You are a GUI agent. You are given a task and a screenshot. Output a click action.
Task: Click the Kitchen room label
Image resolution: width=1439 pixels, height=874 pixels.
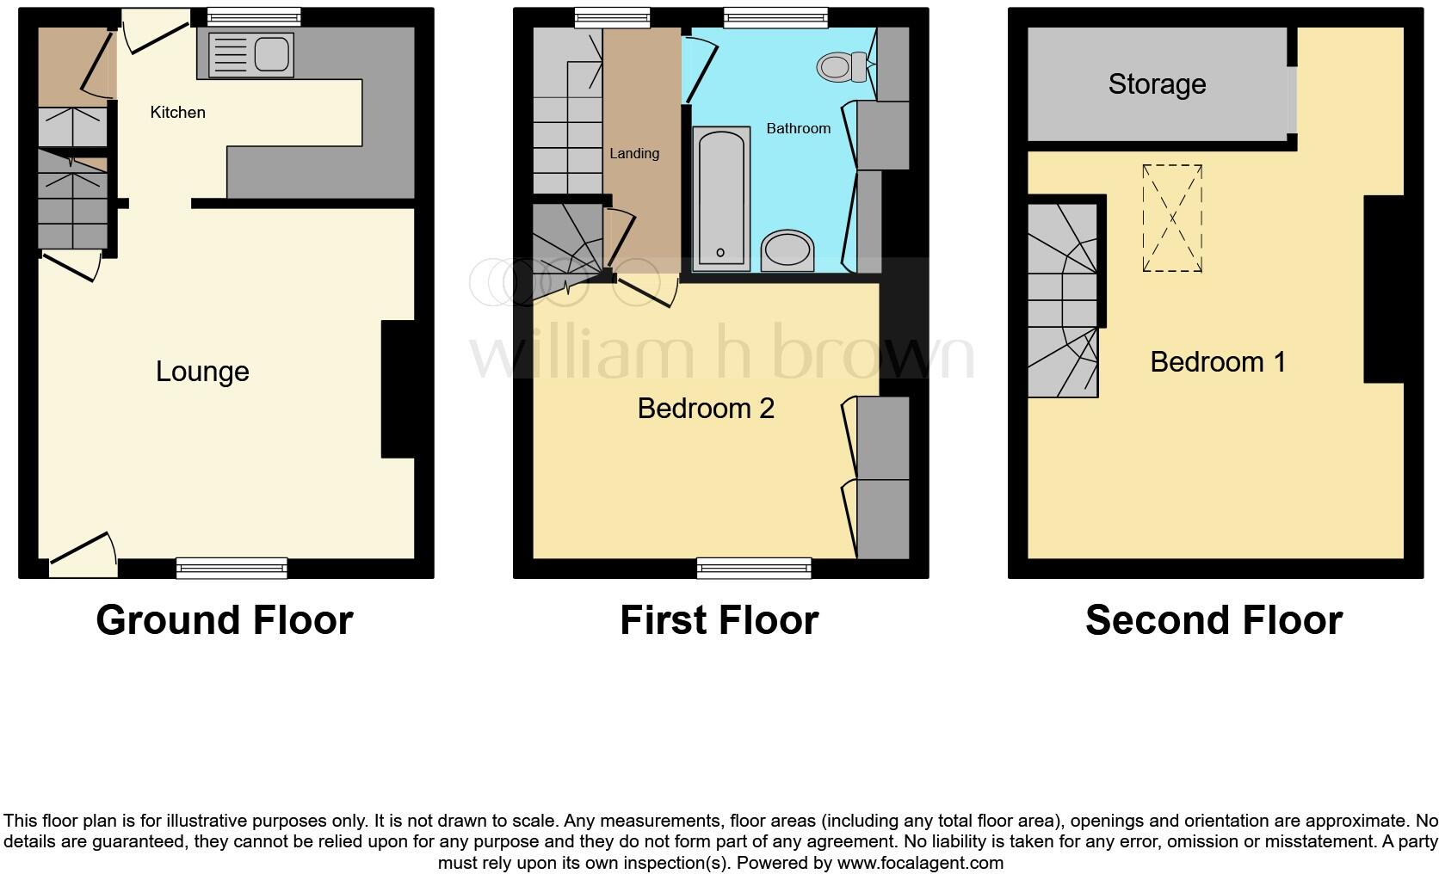click(177, 113)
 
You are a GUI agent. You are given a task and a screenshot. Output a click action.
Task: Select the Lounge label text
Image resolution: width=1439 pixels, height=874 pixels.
click(202, 372)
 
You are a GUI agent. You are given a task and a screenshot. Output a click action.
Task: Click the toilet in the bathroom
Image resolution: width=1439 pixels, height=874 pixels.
click(843, 65)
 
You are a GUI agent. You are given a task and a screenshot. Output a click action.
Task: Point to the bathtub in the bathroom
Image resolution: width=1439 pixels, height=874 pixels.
click(720, 198)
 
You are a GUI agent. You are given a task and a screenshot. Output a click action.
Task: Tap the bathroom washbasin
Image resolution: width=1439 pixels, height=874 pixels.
click(787, 250)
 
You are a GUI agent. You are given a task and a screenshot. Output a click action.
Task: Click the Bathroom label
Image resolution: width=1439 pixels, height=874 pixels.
click(798, 129)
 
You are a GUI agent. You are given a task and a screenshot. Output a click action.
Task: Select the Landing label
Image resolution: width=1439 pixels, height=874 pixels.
click(634, 154)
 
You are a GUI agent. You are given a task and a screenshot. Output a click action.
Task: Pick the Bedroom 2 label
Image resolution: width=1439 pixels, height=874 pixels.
click(706, 408)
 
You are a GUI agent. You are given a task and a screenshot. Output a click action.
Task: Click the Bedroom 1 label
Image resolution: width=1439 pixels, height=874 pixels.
click(1217, 362)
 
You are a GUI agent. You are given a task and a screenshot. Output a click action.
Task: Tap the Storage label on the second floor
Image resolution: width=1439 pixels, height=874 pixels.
click(1157, 84)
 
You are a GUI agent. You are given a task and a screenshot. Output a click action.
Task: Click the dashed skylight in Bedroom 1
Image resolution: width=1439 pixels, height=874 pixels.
click(1171, 218)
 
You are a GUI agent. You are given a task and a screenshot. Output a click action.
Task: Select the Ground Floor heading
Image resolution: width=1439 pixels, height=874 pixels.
click(225, 620)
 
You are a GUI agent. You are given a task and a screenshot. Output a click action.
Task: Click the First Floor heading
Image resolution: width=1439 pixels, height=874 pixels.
click(719, 620)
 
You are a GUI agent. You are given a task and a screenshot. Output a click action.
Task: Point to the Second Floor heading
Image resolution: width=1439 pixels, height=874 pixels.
click(1214, 620)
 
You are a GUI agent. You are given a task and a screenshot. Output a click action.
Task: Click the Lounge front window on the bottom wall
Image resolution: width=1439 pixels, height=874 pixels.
click(232, 567)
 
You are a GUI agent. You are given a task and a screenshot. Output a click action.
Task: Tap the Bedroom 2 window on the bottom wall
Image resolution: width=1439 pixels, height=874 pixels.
click(754, 567)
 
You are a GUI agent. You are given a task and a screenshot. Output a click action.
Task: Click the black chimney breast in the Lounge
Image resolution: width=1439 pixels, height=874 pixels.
click(398, 389)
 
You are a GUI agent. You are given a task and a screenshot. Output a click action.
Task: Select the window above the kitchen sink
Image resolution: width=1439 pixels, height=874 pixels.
click(254, 15)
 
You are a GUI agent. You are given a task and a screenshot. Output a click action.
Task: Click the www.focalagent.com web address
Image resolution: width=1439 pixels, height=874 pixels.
click(919, 863)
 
